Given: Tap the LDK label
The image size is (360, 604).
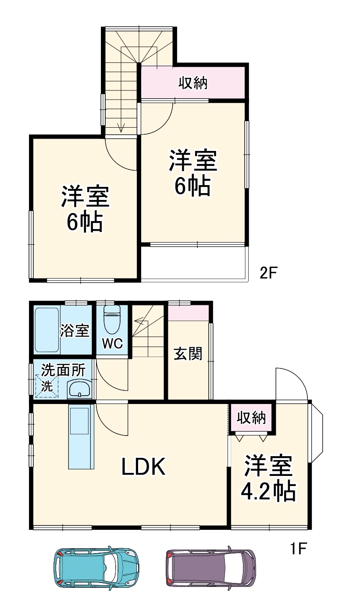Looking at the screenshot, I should (x=143, y=468).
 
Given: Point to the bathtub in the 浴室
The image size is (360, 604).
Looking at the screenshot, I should (x=46, y=330).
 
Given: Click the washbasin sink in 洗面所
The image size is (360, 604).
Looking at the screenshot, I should (x=79, y=389).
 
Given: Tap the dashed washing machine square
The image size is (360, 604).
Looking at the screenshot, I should (x=47, y=386).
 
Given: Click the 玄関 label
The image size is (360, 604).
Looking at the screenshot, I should (x=188, y=354).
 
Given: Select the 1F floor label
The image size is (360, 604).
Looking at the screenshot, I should (x=297, y=548).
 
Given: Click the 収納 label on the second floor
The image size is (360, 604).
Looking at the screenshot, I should (x=193, y=83).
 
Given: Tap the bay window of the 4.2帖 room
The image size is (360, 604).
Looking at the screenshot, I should (x=317, y=432).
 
